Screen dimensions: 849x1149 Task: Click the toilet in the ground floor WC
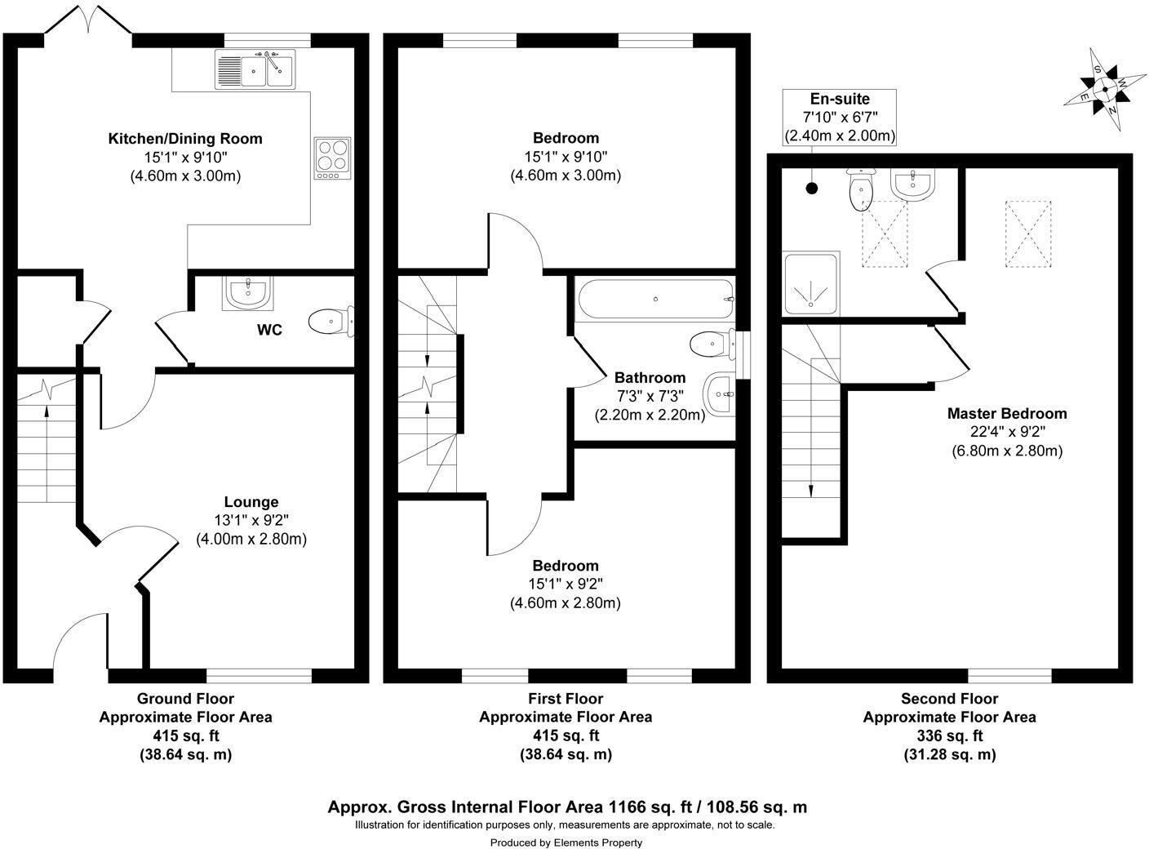click(331, 322)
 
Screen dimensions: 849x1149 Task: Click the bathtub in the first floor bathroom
click(654, 300)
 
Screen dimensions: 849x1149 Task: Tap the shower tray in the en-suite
click(810, 283)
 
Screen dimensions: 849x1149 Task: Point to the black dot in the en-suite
click(811, 189)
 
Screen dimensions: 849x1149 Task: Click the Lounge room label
click(251, 502)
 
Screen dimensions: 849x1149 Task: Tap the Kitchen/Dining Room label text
click(185, 139)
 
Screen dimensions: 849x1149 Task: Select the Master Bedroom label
click(1006, 414)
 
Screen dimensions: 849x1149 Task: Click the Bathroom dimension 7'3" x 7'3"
click(650, 396)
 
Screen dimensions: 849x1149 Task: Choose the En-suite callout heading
click(840, 100)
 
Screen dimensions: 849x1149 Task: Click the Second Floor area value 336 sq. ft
click(949, 736)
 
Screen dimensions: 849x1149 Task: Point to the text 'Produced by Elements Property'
click(566, 842)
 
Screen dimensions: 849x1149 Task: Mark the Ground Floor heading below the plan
click(185, 699)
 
